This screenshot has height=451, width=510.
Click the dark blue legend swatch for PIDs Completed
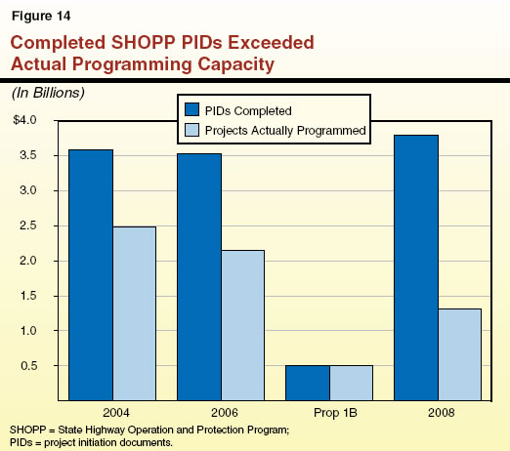click(191, 109)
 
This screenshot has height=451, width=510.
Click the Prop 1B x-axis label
click(329, 412)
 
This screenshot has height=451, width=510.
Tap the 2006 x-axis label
click(221, 412)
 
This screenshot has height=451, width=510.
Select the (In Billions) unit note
click(48, 93)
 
